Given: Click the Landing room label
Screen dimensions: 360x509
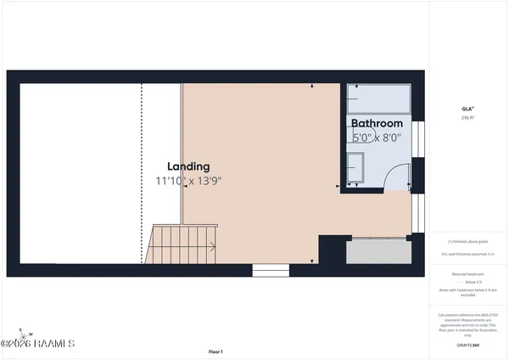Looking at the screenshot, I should tap(188, 166).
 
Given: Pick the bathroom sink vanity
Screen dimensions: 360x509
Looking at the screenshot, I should tap(355, 167).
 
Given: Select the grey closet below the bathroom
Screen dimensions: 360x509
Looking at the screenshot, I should tap(378, 251).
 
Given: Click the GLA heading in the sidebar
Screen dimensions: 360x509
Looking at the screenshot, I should tap(467, 108).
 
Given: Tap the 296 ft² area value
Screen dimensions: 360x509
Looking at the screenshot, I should tap(467, 118).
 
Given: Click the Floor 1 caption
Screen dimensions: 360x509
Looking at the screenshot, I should tap(215, 352).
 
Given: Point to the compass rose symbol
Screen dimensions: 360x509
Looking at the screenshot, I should tap(26, 333).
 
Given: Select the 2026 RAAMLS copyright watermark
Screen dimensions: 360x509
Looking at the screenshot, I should tap(37, 344).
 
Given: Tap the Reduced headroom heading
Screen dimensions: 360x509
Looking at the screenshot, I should tap(467, 274).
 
